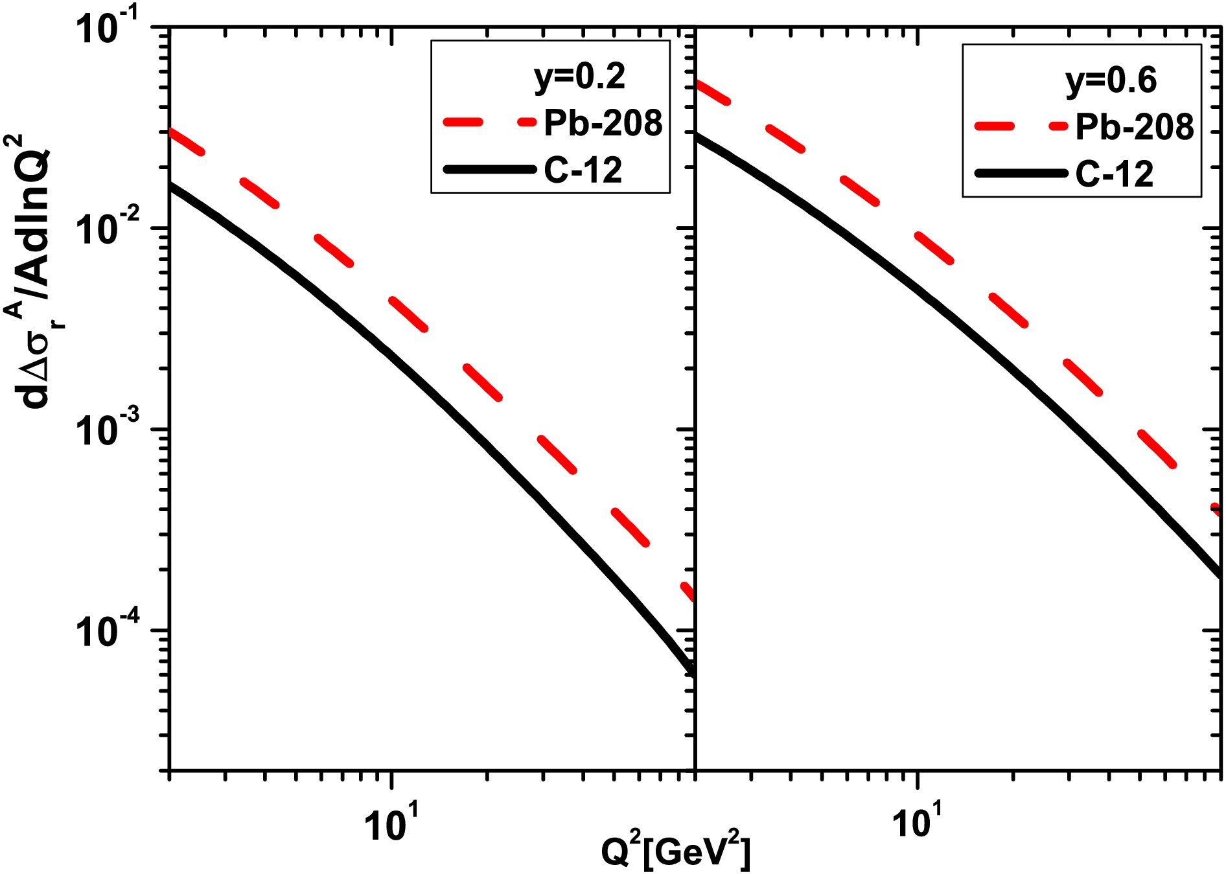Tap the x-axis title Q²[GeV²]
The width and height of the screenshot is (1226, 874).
click(x=675, y=851)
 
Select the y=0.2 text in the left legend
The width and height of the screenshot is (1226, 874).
click(x=579, y=76)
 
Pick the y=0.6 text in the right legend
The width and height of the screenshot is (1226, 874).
click(x=1111, y=81)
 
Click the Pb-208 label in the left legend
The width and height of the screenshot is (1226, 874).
click(x=603, y=123)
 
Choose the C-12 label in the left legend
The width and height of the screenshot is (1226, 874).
click(x=583, y=170)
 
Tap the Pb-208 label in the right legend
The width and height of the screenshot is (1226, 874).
click(x=1134, y=127)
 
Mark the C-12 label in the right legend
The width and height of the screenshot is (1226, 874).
click(x=1114, y=174)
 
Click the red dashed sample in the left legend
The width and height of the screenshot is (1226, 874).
click(x=490, y=122)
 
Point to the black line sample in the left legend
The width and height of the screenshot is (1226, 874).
click(x=490, y=170)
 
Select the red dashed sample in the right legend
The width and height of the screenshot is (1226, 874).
click(x=1021, y=126)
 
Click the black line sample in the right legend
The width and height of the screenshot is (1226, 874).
click(x=1021, y=173)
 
